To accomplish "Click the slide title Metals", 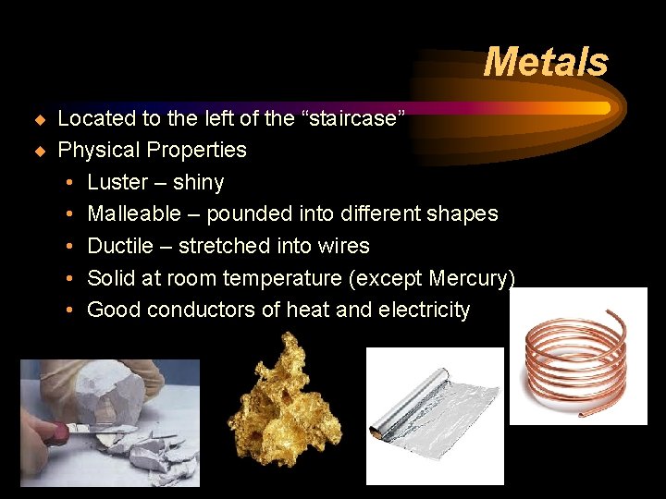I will pyautogui.click(x=546, y=63).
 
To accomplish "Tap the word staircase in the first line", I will pyautogui.click(x=351, y=118).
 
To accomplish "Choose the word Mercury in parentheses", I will pyautogui.click(x=469, y=278).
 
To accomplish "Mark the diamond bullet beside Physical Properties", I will pyautogui.click(x=39, y=151).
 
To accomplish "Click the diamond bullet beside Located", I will pyautogui.click(x=39, y=119).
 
